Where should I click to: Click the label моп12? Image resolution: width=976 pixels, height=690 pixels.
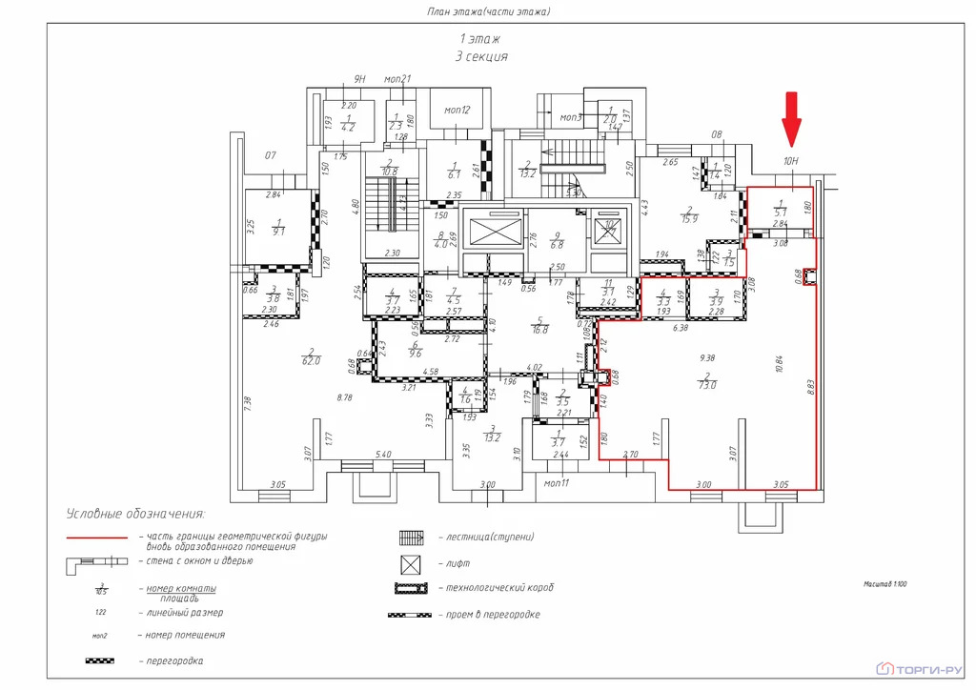457,111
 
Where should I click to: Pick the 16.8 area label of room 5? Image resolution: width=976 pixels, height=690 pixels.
541,331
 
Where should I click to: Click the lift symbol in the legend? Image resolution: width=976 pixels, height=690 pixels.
408,563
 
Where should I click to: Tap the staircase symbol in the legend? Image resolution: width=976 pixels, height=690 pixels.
408,538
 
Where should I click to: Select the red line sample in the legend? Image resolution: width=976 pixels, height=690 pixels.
96,538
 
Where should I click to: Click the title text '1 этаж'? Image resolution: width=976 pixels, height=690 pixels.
480,39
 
